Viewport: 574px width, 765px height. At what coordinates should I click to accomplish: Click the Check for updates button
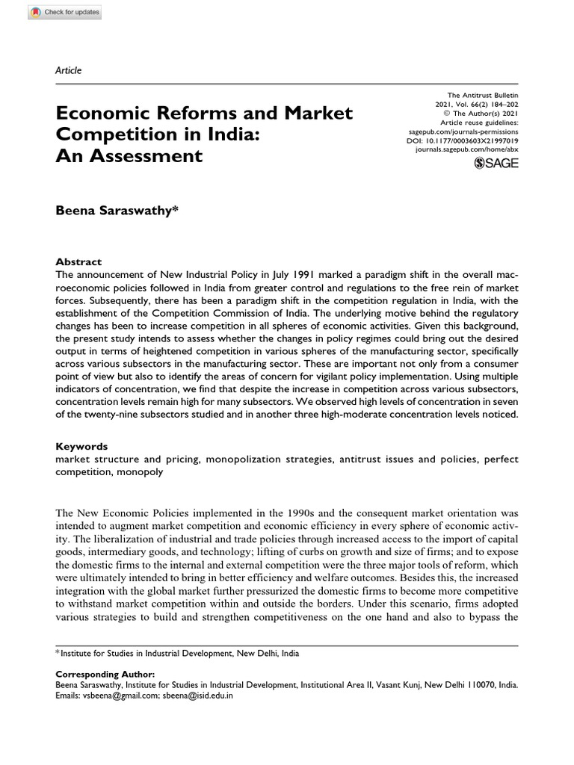[54, 13]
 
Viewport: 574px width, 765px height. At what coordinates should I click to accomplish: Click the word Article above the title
[69, 70]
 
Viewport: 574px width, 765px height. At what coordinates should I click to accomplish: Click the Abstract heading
[78, 262]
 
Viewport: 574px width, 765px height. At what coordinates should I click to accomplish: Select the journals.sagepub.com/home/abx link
[466, 149]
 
